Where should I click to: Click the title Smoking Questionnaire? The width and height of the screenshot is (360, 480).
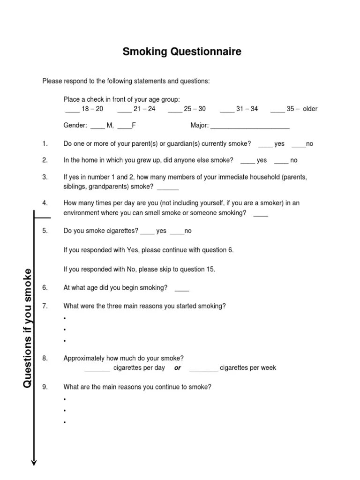182,52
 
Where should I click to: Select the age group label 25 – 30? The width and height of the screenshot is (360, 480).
195,109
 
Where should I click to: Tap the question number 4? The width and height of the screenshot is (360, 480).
45,203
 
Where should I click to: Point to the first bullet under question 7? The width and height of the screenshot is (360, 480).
64,319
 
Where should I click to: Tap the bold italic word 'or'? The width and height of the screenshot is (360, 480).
178,368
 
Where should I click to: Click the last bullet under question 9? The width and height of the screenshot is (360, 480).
64,422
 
